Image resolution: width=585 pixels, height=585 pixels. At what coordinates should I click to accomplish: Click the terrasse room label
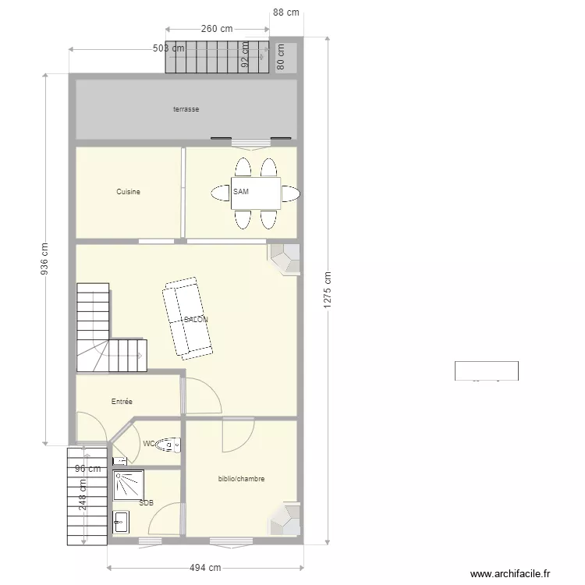[186, 109]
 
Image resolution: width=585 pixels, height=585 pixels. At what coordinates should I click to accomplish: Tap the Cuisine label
[128, 191]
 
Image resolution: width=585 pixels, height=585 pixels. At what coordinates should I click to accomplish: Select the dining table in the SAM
[256, 193]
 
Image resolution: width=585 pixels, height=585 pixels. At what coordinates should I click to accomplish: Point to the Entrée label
[122, 402]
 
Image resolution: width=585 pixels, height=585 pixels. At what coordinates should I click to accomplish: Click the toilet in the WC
[168, 445]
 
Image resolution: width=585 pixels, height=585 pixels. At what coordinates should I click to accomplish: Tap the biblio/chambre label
[241, 479]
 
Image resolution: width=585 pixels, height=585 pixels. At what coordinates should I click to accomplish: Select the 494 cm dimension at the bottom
[205, 568]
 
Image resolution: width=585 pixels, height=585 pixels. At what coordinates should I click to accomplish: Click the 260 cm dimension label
[217, 29]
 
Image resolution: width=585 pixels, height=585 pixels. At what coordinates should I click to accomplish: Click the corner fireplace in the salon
[285, 258]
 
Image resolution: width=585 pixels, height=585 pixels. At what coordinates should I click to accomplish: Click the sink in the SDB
[121, 522]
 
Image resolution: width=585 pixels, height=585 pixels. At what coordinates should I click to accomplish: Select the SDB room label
[146, 503]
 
